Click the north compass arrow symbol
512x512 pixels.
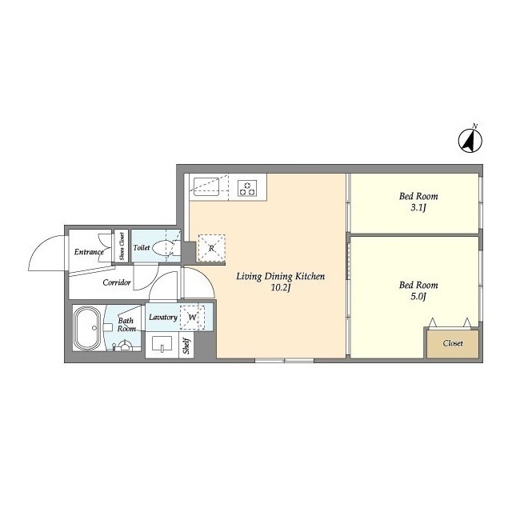point(470,141)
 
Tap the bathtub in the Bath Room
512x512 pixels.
point(87,328)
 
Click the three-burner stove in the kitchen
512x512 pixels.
point(247,189)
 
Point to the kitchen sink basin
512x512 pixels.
point(206,186)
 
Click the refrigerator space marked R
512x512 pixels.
point(211,248)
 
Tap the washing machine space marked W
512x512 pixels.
point(192,317)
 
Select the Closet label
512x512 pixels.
point(453,343)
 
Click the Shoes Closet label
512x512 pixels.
point(122,246)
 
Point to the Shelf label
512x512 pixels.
point(186,346)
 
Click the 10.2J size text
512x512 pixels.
point(281,288)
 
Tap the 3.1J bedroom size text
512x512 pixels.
point(418,208)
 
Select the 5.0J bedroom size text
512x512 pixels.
point(418,297)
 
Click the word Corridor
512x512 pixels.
point(117,282)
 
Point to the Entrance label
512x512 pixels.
point(89,252)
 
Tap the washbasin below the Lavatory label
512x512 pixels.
point(162,344)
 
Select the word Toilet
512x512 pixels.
point(142,248)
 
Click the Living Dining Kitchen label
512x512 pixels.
point(281,277)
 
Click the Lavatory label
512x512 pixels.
point(163,317)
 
